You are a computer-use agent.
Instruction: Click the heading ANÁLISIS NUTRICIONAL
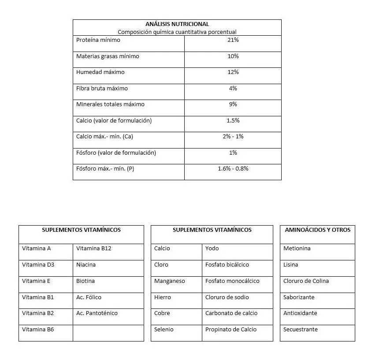point(177,24)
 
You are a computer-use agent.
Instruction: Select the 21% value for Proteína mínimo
point(233,40)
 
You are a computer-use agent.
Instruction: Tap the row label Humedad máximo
point(100,72)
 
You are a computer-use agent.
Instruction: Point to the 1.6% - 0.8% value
point(233,169)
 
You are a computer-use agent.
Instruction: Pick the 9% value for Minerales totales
point(233,104)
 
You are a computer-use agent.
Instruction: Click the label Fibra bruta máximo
point(102,89)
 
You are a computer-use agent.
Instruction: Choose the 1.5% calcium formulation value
point(233,121)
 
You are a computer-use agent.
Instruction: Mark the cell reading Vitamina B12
point(93,249)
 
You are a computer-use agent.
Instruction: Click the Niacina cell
point(86,265)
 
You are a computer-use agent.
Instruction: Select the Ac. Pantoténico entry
point(97,313)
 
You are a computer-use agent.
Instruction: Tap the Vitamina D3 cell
point(38,265)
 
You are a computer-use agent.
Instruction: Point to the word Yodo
point(212,249)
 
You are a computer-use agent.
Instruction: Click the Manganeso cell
point(170,281)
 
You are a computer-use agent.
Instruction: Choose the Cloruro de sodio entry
point(227,297)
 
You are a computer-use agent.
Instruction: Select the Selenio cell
point(164,330)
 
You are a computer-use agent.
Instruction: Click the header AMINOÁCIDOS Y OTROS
point(317,230)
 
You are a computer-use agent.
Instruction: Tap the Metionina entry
point(297,249)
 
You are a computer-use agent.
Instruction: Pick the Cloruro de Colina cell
point(306,281)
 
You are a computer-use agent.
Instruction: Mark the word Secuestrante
point(301,330)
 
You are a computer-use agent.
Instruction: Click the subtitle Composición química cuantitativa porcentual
point(177,32)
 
